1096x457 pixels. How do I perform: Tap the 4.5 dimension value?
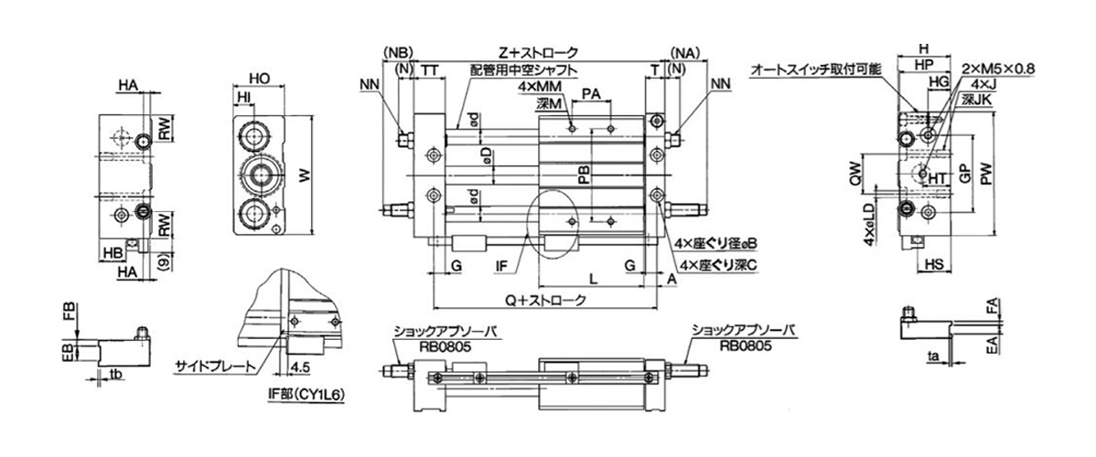pyautogui.click(x=299, y=367)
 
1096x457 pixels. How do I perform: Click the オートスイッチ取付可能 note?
pyautogui.click(x=816, y=69)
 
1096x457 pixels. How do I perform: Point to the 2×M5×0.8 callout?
pyautogui.click(x=999, y=69)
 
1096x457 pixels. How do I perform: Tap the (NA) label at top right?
pyautogui.click(x=685, y=52)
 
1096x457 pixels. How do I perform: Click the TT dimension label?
pyautogui.click(x=429, y=69)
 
